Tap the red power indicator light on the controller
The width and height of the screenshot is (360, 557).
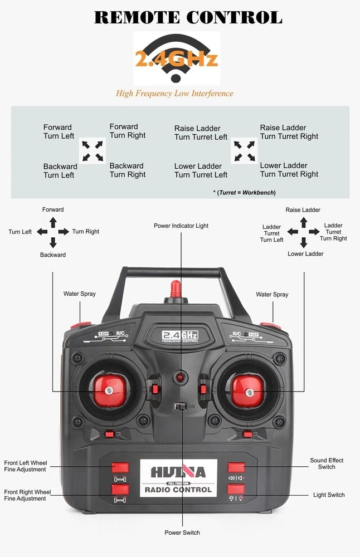point(181,377)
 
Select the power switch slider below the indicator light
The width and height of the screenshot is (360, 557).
point(179,407)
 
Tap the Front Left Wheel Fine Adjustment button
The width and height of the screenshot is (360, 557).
point(120,468)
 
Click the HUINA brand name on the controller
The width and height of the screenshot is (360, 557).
point(178,472)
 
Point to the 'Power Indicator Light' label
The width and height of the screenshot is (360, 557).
point(181,226)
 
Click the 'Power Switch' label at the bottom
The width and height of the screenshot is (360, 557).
point(182,532)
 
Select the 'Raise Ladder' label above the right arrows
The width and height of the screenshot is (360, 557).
point(303,210)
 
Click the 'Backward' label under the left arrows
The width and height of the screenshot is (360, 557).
point(53,255)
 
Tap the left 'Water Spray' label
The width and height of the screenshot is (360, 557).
point(80,294)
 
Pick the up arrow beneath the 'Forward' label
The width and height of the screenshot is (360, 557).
point(53,222)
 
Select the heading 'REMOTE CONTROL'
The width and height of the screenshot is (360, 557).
point(188,17)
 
